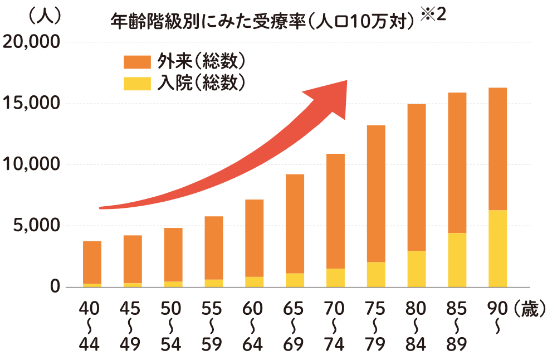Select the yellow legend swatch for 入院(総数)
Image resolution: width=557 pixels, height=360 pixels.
(137, 82)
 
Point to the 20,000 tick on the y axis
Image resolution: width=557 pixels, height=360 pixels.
(32, 42)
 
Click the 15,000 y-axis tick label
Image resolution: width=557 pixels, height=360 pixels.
(32, 104)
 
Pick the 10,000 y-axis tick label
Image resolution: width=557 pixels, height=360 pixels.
(32, 165)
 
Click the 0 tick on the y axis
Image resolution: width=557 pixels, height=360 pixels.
(55, 287)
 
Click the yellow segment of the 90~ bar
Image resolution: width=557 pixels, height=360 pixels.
(497, 249)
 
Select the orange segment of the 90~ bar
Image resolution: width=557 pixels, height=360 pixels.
(497, 149)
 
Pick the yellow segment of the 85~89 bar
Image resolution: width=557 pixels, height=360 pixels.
(457, 260)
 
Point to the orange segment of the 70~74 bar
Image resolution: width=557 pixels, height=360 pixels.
(335, 211)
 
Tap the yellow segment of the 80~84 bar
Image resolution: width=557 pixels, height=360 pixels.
(417, 269)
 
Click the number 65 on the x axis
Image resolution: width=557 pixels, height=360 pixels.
(294, 309)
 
